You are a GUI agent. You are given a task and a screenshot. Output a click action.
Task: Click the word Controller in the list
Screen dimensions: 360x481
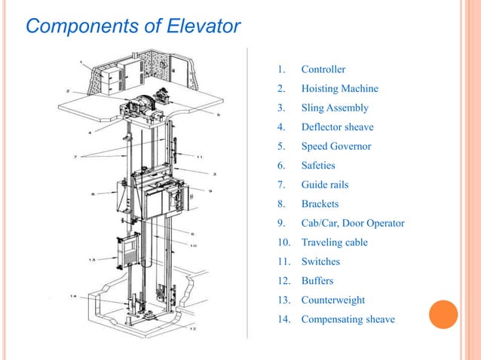tap(323, 70)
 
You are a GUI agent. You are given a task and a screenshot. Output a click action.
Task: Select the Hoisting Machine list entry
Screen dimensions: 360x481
tap(339, 89)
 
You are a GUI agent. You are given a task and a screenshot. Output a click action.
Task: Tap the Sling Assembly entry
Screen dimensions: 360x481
tap(335, 108)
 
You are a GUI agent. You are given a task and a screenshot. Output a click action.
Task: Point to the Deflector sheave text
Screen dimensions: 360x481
tap(337, 127)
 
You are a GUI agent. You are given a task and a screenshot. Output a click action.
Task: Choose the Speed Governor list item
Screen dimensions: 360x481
tap(335, 146)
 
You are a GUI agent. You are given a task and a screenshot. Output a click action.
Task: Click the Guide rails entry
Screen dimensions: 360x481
tap(324, 185)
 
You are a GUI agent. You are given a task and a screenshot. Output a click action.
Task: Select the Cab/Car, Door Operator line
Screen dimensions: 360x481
tap(352, 223)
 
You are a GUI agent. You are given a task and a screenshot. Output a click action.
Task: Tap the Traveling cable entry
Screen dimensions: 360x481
tap(334, 243)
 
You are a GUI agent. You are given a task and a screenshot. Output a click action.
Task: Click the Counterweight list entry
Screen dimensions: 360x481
tap(332, 300)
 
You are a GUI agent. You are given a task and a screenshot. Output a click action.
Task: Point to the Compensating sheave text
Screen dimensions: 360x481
tap(348, 319)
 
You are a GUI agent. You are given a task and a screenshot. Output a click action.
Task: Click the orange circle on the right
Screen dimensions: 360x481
tap(443, 315)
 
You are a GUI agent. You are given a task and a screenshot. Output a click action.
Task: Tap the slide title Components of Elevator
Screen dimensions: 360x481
tap(133, 27)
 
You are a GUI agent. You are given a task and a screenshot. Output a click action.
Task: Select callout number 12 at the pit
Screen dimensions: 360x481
tap(193, 329)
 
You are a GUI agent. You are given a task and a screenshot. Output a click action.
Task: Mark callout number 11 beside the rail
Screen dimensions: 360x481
tap(199, 157)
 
